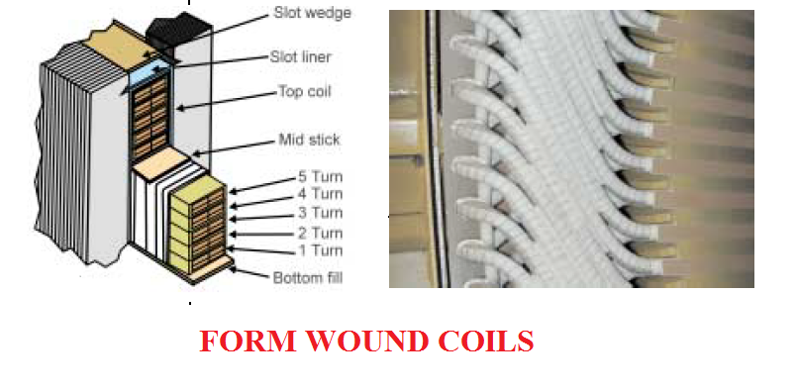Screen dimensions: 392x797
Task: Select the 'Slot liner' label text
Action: click(303, 56)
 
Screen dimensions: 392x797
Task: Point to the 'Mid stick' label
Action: click(308, 140)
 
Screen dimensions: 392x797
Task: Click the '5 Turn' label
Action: click(320, 177)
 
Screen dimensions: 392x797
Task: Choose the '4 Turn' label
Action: click(320, 195)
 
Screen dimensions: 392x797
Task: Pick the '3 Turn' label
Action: click(320, 213)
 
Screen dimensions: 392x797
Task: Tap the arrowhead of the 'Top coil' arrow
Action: click(178, 107)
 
